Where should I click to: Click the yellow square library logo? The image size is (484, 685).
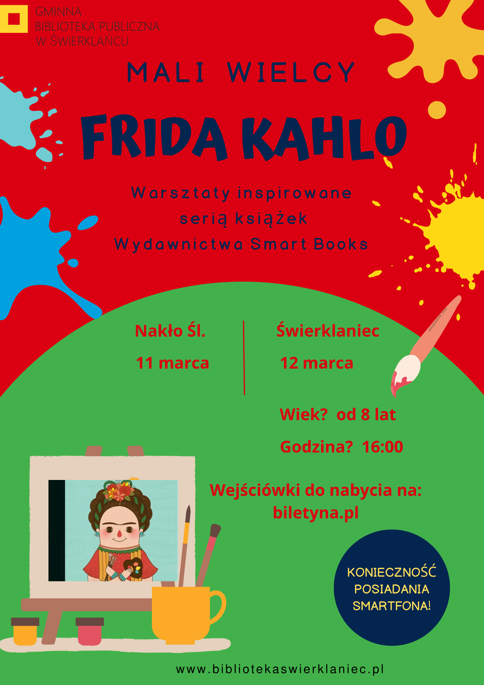pos(14,19)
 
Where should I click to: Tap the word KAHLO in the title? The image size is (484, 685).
pos(324,138)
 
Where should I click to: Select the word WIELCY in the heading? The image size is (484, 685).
pos(291,72)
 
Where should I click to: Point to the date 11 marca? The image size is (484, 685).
pos(172,363)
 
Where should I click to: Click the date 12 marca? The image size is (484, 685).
pos(317,363)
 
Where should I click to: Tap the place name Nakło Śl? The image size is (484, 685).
pos(170,331)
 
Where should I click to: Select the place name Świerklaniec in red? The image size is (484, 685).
pos(328,330)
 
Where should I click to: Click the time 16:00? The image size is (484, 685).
pos(382,447)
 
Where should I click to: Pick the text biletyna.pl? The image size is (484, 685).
pos(316,512)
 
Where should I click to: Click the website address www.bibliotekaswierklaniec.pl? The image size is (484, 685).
pos(280,669)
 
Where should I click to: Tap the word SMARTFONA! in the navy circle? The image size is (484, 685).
pos(392,606)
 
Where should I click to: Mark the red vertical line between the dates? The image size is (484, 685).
pos(244,358)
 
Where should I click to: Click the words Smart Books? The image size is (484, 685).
pos(309,244)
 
